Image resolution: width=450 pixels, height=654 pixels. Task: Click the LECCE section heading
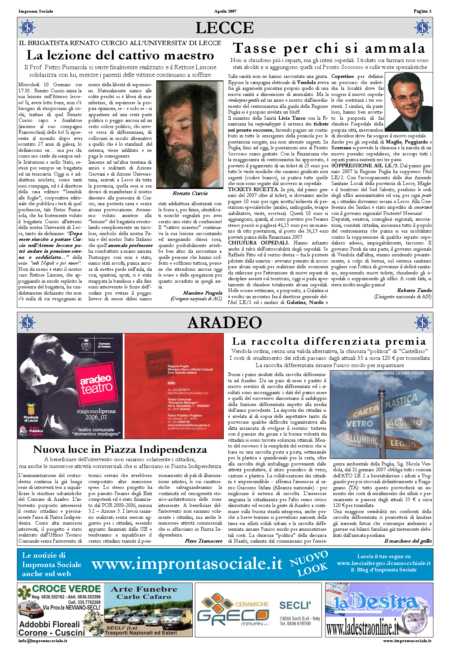click(224, 28)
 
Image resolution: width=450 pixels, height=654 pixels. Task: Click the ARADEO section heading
click(224, 323)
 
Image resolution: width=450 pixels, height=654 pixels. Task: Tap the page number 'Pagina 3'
click(422, 11)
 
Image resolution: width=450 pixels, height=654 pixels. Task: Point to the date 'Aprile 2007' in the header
click(225, 11)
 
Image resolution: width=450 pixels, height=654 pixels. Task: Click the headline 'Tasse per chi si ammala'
click(329, 48)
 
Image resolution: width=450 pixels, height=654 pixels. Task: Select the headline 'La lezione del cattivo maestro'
click(120, 56)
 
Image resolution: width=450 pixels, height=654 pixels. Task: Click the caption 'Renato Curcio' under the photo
click(190, 193)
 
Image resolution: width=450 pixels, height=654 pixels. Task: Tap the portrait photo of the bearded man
click(190, 134)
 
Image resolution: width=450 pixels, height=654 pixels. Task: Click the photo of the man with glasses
click(409, 102)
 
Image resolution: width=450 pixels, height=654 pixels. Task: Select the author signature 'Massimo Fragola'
click(202, 293)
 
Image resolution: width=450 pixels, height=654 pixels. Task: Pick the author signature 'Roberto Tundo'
click(414, 290)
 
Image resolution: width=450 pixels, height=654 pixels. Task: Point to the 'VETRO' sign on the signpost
click(359, 424)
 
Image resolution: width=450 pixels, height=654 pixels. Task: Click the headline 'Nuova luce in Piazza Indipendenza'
click(120, 450)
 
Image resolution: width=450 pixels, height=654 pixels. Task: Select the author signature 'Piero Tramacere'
click(204, 541)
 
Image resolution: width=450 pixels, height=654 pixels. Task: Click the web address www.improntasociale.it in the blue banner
click(187, 564)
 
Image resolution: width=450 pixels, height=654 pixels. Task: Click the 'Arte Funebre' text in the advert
click(144, 589)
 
